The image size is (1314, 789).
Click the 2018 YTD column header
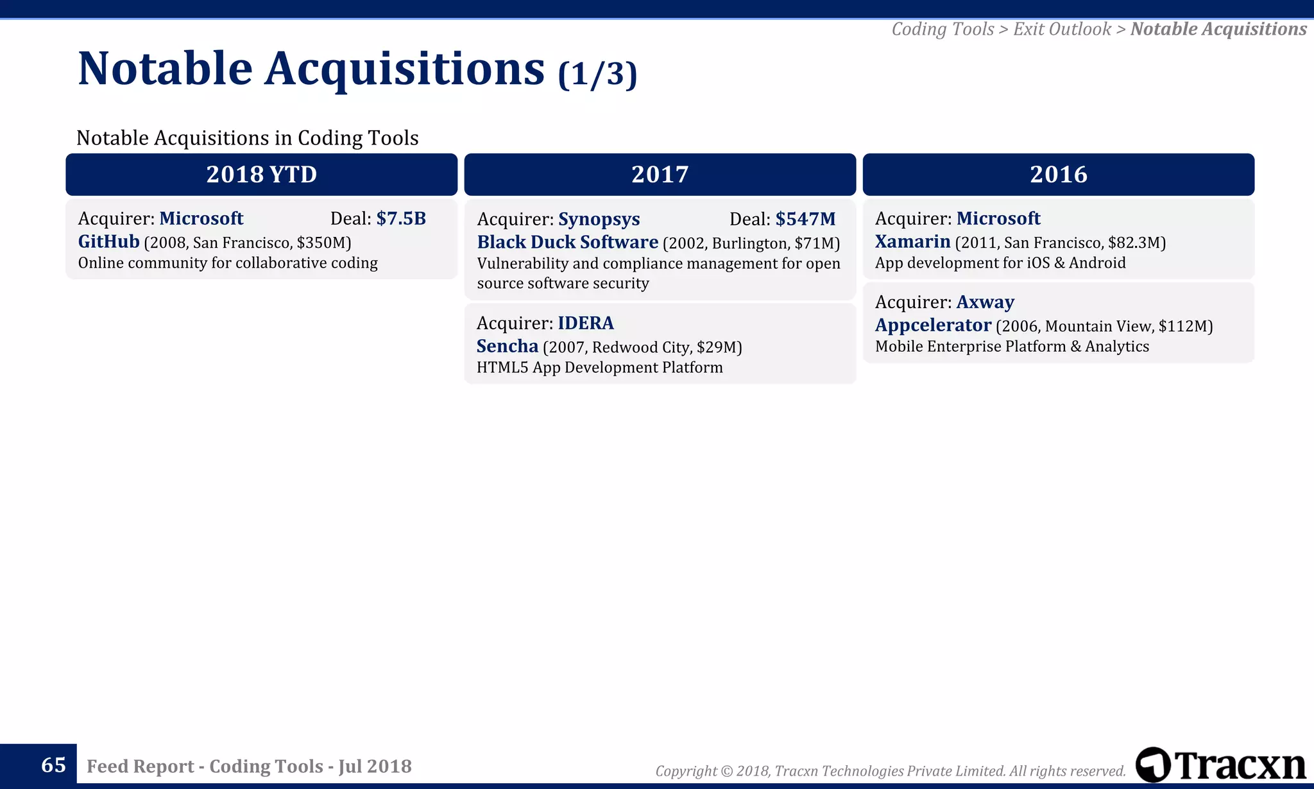coord(261,175)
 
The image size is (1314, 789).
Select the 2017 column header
coord(660,175)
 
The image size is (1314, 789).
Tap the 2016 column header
coord(1058,175)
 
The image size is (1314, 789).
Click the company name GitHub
coord(108,241)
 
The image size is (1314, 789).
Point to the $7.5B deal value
coord(401,218)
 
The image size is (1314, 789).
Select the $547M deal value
coord(805,219)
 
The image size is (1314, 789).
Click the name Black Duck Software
coord(567,242)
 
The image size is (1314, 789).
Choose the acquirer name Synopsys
coord(599,219)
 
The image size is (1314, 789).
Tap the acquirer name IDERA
coord(585,323)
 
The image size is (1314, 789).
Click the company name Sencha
coord(507,346)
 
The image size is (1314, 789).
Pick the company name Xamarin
coord(912,241)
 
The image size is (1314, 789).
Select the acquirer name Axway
coord(985,302)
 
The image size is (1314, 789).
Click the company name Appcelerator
coord(933,325)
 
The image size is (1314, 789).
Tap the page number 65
coord(53,765)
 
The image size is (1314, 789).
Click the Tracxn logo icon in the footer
coord(1153,765)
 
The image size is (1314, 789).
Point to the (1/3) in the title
coord(597,74)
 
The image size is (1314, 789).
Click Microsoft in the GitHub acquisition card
coord(201,218)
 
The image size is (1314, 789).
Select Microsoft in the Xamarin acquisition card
coord(998,218)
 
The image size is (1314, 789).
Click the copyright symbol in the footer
coord(726,771)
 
